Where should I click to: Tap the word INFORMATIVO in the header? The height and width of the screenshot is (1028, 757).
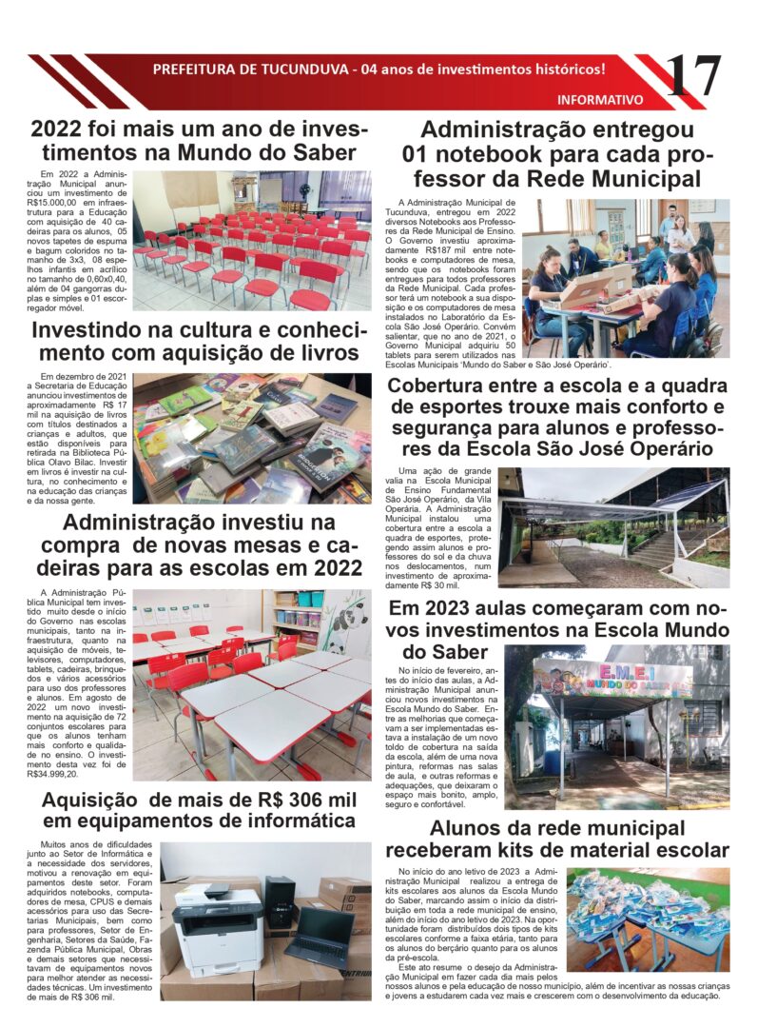tap(599, 99)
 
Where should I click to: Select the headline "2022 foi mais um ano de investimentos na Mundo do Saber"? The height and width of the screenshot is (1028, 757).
tap(193, 141)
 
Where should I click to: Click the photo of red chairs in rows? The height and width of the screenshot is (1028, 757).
tap(252, 240)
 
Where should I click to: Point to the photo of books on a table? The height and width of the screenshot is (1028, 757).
tap(252, 437)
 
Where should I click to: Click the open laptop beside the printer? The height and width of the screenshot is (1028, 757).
tap(318, 937)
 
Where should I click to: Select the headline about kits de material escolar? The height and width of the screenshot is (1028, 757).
tap(557, 839)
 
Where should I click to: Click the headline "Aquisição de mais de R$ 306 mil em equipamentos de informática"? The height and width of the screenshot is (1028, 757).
tap(198, 809)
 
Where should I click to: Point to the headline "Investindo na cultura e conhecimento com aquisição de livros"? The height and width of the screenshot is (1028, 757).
tap(198, 342)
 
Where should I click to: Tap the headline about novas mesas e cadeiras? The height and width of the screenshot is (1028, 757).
tap(198, 545)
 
